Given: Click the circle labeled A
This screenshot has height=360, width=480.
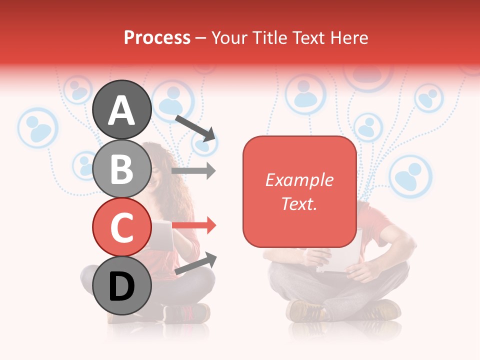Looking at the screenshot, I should click(122, 109).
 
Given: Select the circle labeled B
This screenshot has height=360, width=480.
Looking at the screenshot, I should click(122, 168).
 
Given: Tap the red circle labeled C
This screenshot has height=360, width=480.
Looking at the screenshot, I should click(122, 226).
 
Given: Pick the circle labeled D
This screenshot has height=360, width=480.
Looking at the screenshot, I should click(122, 285).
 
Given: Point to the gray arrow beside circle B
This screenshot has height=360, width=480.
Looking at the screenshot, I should click(194, 171).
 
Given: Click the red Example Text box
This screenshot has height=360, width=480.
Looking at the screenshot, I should click(299, 191).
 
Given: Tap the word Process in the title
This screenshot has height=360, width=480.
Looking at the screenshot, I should click(157, 37).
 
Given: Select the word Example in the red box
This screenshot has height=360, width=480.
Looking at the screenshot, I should click(299, 180).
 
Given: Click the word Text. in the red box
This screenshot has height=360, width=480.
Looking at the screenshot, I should click(299, 203).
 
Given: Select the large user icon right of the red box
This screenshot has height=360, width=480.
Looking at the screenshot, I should click(410, 176).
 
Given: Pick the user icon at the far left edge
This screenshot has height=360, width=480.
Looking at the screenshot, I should click(38, 127).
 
